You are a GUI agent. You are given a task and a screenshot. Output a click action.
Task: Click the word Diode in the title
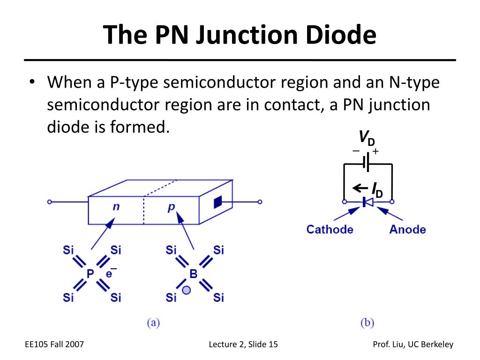pyautogui.click(x=341, y=34)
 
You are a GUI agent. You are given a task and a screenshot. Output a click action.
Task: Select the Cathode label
pyautogui.click(x=330, y=229)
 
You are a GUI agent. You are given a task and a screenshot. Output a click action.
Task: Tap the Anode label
pyautogui.click(x=407, y=229)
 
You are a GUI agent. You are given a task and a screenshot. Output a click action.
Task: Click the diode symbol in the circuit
pyautogui.click(x=367, y=202)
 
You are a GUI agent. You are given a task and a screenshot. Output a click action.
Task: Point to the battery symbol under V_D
pyautogui.click(x=366, y=162)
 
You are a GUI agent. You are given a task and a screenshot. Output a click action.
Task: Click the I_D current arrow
pyautogui.click(x=360, y=188)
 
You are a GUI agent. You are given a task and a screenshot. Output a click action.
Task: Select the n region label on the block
pyautogui.click(x=116, y=207)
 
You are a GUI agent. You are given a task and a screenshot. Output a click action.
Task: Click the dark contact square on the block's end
pyautogui.click(x=217, y=202)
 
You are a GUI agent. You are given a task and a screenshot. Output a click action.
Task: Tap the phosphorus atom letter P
pyautogui.click(x=90, y=274)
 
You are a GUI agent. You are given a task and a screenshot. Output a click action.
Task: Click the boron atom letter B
pyautogui.click(x=194, y=274)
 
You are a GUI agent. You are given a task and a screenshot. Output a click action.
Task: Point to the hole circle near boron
pyautogui.click(x=186, y=290)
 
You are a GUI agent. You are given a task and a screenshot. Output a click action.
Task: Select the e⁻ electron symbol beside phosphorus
pyautogui.click(x=111, y=272)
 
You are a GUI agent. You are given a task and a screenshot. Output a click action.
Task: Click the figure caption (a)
pyautogui.click(x=153, y=322)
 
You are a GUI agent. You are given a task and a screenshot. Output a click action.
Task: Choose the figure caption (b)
pyautogui.click(x=367, y=322)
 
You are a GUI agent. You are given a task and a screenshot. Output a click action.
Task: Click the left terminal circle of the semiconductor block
pyautogui.click(x=50, y=202)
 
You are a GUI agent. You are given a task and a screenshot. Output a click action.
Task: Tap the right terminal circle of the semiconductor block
pyautogui.click(x=260, y=202)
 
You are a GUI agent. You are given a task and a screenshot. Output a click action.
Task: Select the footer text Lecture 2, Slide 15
pyautogui.click(x=243, y=345)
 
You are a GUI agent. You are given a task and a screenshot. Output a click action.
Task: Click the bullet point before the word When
pyautogui.click(x=32, y=82)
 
